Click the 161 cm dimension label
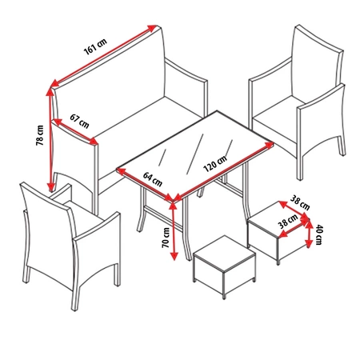point(95,46)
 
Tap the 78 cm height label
point(39,135)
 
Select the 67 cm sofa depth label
point(79,121)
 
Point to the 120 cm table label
point(215,164)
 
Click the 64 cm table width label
point(153,179)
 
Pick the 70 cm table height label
point(166,238)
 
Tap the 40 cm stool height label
point(319,234)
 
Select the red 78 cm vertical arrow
point(50,139)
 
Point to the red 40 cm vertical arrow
point(309,234)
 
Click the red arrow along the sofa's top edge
point(104,56)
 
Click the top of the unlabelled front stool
point(225,253)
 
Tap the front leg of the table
point(186,230)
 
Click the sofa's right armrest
point(186,88)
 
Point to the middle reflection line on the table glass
point(195,154)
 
